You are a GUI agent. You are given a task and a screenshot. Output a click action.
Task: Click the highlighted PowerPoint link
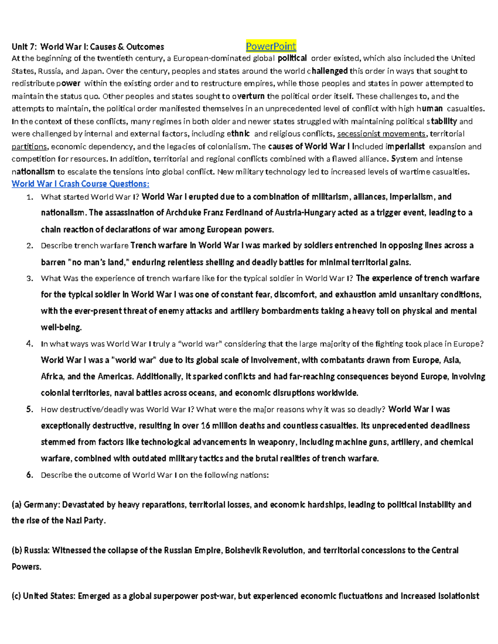pos(271,46)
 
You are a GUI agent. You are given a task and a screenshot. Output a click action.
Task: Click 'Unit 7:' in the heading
pos(24,46)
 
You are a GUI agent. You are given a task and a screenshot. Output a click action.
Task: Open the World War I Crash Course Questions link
pos(80,184)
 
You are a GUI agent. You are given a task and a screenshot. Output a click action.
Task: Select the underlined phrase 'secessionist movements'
pos(381,134)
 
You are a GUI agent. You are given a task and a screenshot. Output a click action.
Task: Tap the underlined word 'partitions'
pos(29,146)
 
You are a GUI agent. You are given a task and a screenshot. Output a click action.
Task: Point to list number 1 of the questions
pos(29,197)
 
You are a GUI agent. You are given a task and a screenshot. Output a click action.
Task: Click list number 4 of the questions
pos(29,344)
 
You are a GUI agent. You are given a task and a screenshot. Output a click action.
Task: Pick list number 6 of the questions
pos(29,475)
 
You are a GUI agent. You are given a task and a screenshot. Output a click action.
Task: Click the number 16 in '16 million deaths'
pos(205,426)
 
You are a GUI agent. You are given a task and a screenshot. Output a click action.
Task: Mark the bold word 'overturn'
pos(248,96)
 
